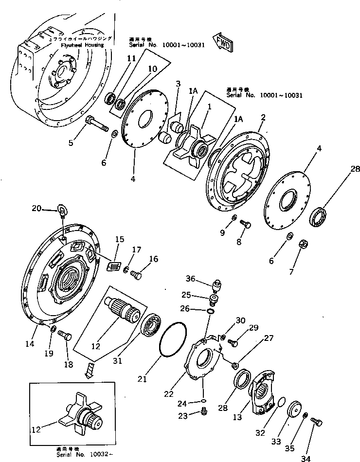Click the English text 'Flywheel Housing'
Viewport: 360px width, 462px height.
[82, 45]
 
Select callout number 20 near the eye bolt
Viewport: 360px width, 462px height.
[36, 208]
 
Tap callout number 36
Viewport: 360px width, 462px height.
[190, 279]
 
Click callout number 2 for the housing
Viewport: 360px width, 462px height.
[263, 117]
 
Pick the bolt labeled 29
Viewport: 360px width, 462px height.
[233, 343]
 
